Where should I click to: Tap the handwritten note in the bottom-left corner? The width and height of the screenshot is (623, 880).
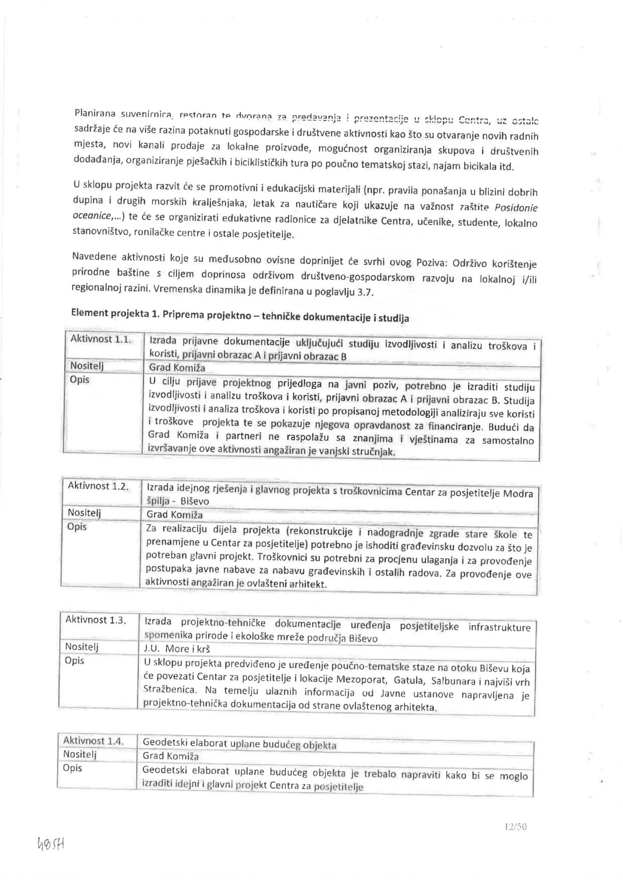pyautogui.click(x=51, y=845)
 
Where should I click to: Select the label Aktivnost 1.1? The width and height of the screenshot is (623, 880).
pyautogui.click(x=98, y=339)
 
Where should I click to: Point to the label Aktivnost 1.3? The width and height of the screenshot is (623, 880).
pyautogui.click(x=95, y=620)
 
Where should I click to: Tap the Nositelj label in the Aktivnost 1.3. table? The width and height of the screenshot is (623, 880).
pyautogui.click(x=82, y=647)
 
